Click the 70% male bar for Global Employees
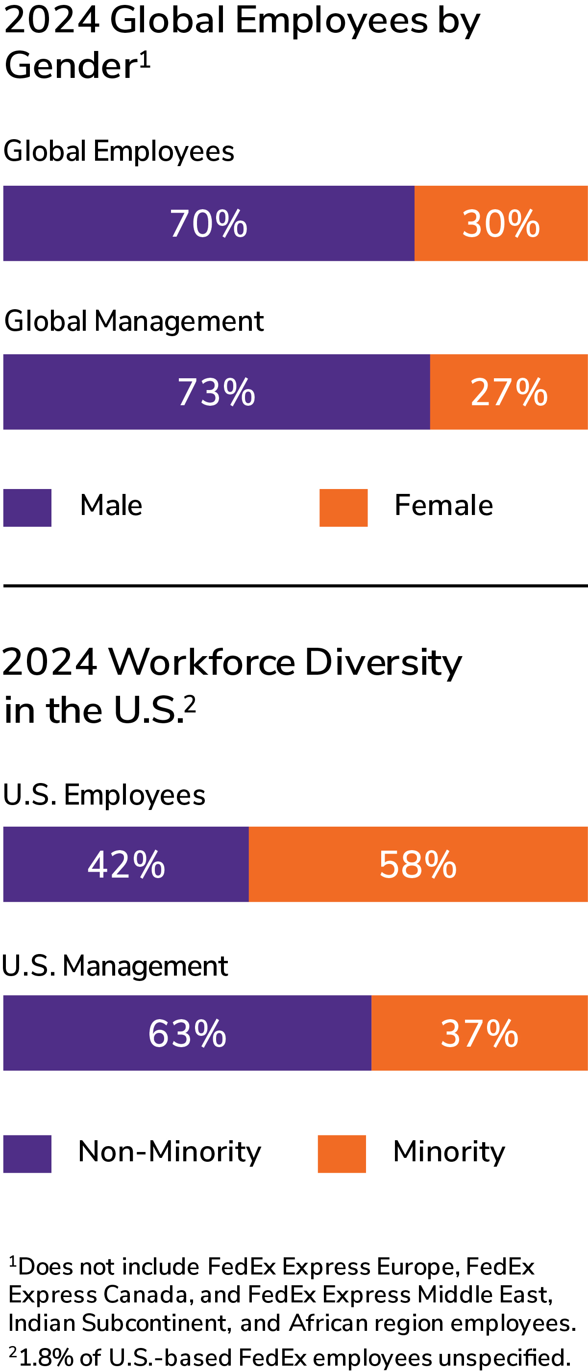coord(209,223)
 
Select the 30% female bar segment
coord(501,223)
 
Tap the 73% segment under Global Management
coord(216,392)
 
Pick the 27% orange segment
coord(509,392)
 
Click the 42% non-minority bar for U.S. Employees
coord(126,864)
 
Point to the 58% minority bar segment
coord(418,864)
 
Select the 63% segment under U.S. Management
coord(187,1033)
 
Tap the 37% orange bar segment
coord(479,1033)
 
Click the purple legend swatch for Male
coord(27,508)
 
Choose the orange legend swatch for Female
coord(343,508)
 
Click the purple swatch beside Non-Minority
coord(27,1153)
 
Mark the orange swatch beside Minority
coord(342,1153)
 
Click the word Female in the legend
coord(443,505)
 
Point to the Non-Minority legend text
coord(170,1151)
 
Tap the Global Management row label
coord(134,321)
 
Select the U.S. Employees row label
coord(104,795)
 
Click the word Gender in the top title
coord(71,66)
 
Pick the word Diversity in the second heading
coord(384,662)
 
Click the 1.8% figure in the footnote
coord(47,1358)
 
